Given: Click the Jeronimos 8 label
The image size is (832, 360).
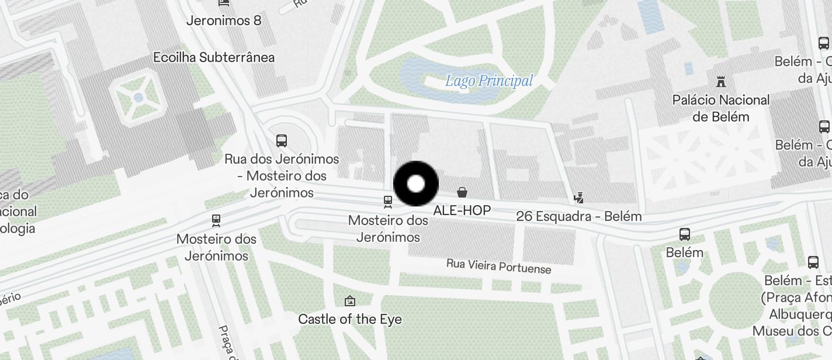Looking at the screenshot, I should [x=224, y=21].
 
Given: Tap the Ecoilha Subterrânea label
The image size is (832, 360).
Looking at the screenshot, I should [x=214, y=57].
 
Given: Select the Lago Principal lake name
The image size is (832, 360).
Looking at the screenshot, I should [x=489, y=81].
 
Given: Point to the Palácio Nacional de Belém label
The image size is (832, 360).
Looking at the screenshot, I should [x=721, y=108].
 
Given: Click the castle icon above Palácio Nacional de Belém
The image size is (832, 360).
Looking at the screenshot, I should [x=721, y=82].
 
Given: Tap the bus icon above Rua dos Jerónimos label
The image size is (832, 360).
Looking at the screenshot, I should [x=282, y=140].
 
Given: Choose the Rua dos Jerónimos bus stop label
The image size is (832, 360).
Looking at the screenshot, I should [x=282, y=175].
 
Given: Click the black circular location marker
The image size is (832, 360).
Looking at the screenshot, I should [x=416, y=184].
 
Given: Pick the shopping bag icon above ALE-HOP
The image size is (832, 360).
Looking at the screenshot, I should [x=462, y=192].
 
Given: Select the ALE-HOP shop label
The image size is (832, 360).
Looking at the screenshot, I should [x=462, y=210].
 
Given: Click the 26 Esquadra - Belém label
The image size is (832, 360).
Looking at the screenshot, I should [x=579, y=216].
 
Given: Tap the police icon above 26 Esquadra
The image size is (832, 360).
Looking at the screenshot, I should [x=578, y=198].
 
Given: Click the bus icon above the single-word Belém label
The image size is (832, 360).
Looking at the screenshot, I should [x=685, y=234].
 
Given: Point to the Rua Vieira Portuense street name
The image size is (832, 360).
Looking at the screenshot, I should [x=498, y=266].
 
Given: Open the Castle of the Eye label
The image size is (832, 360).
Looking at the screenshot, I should [x=350, y=319].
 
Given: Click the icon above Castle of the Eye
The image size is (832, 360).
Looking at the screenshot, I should [x=350, y=301].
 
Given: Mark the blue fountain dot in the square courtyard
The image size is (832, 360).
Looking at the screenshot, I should [x=138, y=98].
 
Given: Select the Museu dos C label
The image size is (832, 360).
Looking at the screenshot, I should [x=791, y=331].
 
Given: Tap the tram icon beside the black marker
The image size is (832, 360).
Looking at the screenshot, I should [x=387, y=202].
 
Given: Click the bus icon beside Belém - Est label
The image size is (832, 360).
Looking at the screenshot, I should [x=813, y=262].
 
